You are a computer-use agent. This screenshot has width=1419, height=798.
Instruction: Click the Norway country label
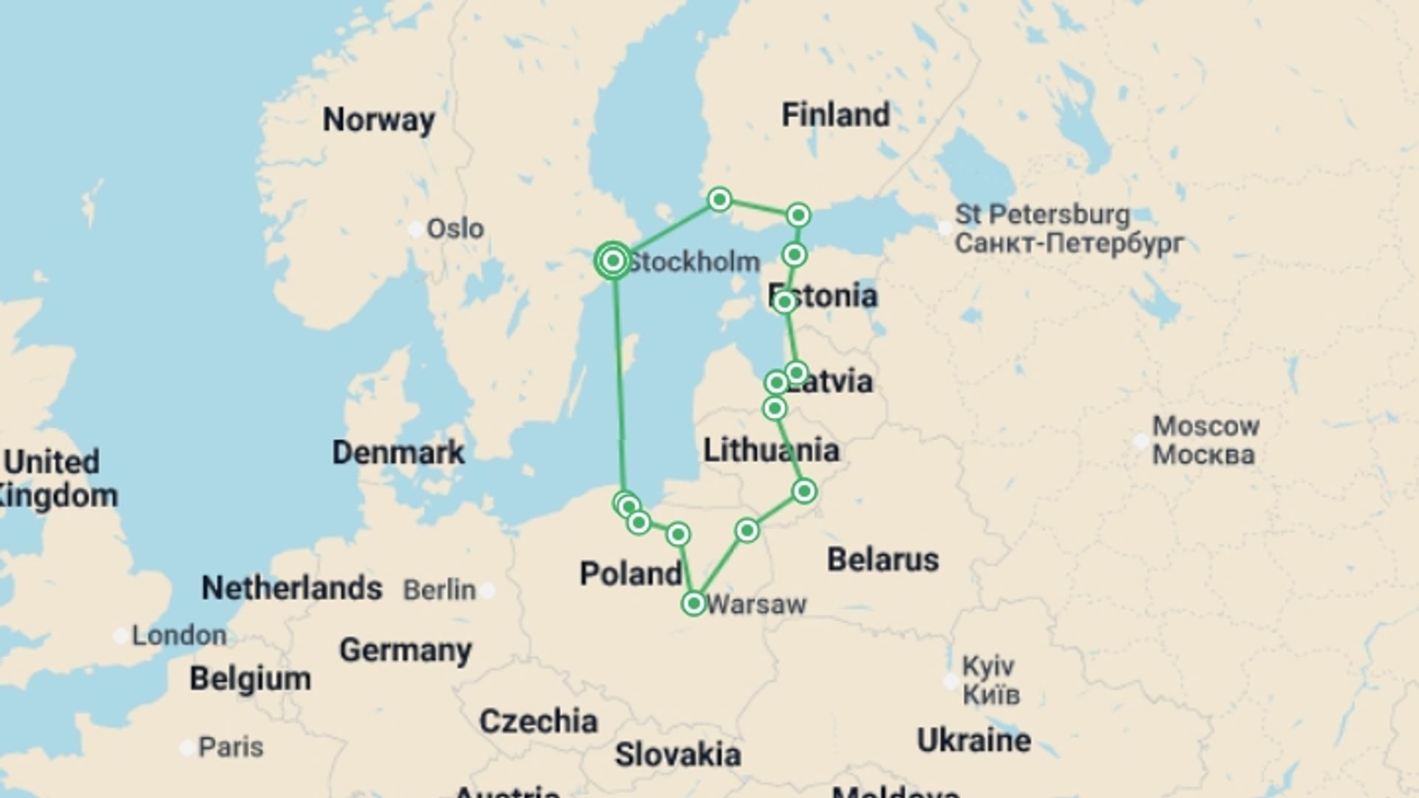click(x=378, y=120)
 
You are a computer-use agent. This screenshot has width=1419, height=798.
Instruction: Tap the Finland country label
click(x=835, y=115)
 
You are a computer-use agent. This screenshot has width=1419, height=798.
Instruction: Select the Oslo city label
click(x=455, y=229)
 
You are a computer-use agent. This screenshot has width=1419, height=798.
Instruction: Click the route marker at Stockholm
click(x=613, y=260)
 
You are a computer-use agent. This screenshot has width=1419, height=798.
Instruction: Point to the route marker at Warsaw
click(x=693, y=604)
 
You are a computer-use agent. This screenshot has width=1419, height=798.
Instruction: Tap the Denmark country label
click(x=398, y=452)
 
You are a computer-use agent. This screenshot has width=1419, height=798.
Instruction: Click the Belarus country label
click(x=882, y=559)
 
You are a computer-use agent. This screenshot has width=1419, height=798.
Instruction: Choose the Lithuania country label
click(x=771, y=450)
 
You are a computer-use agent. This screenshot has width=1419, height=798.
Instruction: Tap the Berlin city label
click(x=439, y=590)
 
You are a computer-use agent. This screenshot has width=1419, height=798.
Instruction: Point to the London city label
click(x=179, y=635)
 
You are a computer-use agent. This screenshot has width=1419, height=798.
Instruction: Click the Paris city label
click(x=231, y=747)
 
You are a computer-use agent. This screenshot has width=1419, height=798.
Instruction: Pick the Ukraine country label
click(x=973, y=740)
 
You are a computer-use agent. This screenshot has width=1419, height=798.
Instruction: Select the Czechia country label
click(x=538, y=721)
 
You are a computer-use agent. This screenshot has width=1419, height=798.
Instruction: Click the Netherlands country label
click(x=292, y=588)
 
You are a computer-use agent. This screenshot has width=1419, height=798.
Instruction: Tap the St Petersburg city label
click(x=1042, y=215)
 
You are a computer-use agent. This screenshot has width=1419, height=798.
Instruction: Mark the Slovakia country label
click(x=678, y=754)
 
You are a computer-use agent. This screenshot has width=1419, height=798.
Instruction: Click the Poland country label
click(x=630, y=573)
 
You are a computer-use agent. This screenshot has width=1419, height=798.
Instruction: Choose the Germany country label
click(x=405, y=650)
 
